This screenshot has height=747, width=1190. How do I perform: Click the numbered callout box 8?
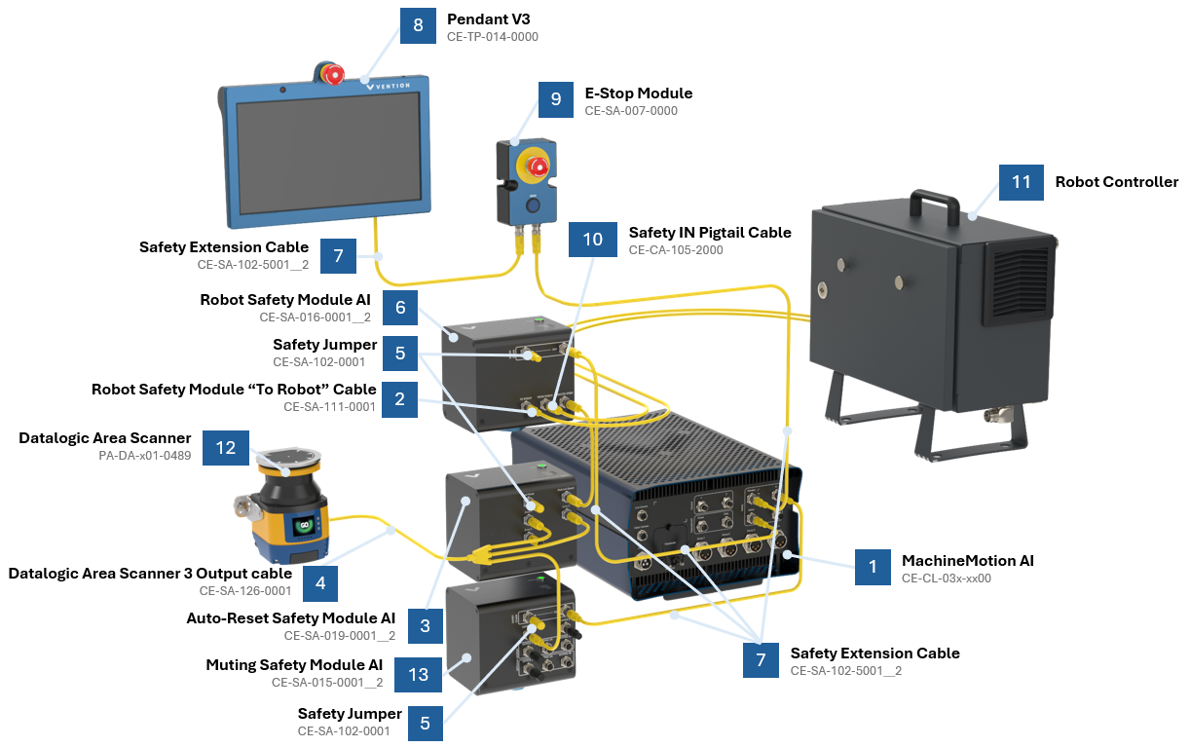[x=418, y=25]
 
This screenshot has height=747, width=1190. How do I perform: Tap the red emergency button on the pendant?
[x=333, y=73]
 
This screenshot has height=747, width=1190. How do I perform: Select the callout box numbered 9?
[x=556, y=99]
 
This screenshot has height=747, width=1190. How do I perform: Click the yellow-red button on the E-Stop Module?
[x=536, y=167]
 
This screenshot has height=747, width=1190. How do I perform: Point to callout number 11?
[x=1021, y=182]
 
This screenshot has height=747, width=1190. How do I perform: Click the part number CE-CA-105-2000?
[x=676, y=250]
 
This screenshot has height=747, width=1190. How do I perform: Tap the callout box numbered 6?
[x=400, y=308]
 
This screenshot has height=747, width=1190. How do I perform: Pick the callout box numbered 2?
[x=400, y=397]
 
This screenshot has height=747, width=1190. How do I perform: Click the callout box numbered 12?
[x=225, y=448]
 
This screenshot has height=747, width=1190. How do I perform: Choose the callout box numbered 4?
[x=320, y=582]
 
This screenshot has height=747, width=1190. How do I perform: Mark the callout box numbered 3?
[x=426, y=626]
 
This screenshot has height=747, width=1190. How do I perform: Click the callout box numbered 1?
[x=873, y=567]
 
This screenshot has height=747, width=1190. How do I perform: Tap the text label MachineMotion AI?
[x=967, y=560]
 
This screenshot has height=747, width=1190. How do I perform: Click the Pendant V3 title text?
[x=488, y=19]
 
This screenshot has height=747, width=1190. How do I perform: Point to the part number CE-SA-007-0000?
[x=631, y=111]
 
